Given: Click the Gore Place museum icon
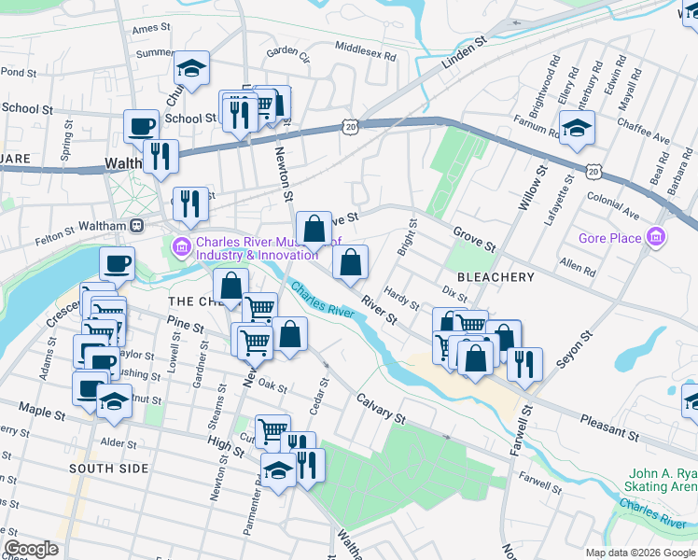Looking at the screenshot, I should pyautogui.click(x=658, y=238).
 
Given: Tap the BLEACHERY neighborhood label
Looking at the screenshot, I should pyautogui.click(x=496, y=277).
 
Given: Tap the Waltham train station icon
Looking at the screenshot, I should pyautogui.click(x=136, y=225).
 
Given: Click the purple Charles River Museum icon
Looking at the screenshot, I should pyautogui.click(x=179, y=247).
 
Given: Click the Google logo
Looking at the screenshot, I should pyautogui.click(x=31, y=548).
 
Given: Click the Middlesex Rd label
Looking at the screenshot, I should pyautogui.click(x=365, y=50).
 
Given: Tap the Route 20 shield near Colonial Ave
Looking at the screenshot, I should pyautogui.click(x=593, y=170).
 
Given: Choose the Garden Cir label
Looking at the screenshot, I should pyautogui.click(x=286, y=53).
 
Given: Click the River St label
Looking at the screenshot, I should pyautogui.click(x=379, y=311).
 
